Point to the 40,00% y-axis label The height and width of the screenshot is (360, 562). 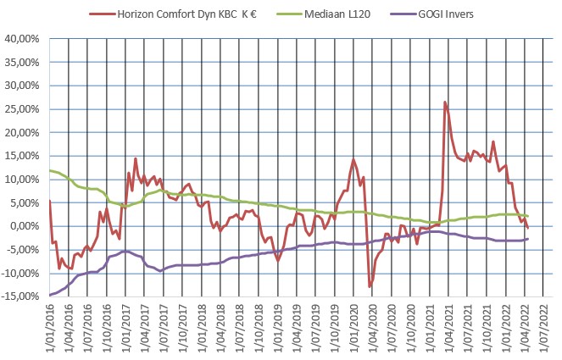coord(25,39)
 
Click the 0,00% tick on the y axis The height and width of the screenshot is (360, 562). coord(27,226)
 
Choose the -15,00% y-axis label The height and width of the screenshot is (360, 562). coord(23,296)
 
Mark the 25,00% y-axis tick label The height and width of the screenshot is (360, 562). coord(25,109)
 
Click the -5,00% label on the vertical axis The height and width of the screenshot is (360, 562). coord(25,250)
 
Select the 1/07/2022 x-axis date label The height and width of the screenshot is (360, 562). coord(543,325)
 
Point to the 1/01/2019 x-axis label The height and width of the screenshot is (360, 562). coord(278,325)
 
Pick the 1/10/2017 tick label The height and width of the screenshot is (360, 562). coord(183,325)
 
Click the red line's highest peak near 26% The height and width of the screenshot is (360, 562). coord(445,102)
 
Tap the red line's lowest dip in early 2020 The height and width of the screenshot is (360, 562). coord(370,286)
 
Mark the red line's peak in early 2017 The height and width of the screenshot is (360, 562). coord(136,158)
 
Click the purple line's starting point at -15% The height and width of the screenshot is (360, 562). coord(51,295)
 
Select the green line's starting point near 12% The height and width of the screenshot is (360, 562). coord(51,171)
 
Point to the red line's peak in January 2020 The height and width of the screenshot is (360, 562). coord(353,159)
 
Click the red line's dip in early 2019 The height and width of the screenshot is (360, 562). coord(277,259)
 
